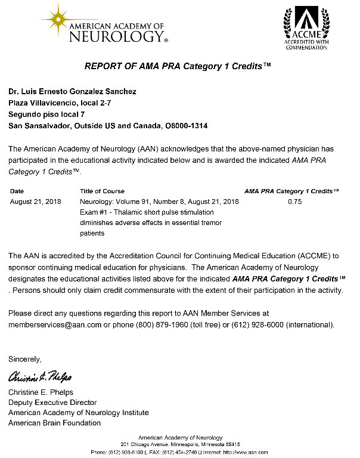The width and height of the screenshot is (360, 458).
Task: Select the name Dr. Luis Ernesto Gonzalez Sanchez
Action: click(72, 91)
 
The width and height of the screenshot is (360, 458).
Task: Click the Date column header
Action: click(17, 191)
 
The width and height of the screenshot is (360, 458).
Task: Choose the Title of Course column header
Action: click(102, 191)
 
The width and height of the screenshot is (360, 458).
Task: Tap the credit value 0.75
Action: click(294, 202)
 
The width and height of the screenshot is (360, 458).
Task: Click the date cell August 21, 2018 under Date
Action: click(36, 202)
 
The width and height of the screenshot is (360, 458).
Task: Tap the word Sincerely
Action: click(25, 359)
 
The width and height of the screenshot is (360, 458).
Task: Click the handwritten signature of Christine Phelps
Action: click(40, 377)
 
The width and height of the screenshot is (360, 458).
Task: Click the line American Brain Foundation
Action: click(54, 423)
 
